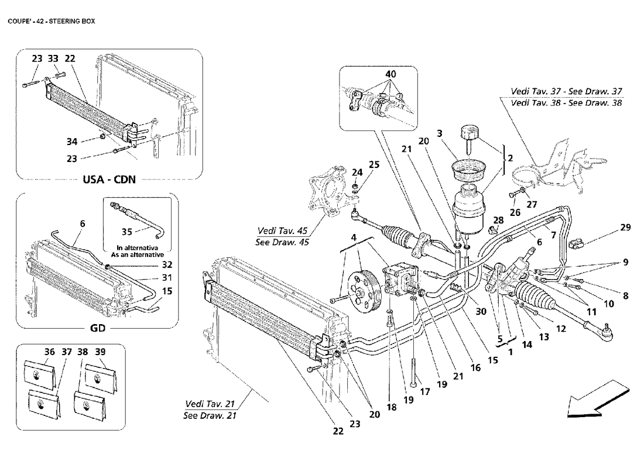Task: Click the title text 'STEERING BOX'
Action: [x=72, y=21]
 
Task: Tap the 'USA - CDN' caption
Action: [x=109, y=180]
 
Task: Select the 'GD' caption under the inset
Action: [x=97, y=328]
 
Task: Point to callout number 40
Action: [x=390, y=74]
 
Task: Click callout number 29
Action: [x=625, y=228]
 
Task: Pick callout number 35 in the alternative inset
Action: [x=126, y=232]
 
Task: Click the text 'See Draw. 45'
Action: [x=282, y=242]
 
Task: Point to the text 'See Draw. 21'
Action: [x=210, y=415]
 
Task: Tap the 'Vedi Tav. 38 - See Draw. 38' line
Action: [x=566, y=102]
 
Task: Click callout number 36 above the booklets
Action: [x=49, y=352]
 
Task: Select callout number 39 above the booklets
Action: [x=100, y=352]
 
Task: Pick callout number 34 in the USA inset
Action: [x=72, y=142]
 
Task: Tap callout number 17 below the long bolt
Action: [x=424, y=391]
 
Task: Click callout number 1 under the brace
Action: [x=511, y=352]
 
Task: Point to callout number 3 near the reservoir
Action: [x=440, y=133]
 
